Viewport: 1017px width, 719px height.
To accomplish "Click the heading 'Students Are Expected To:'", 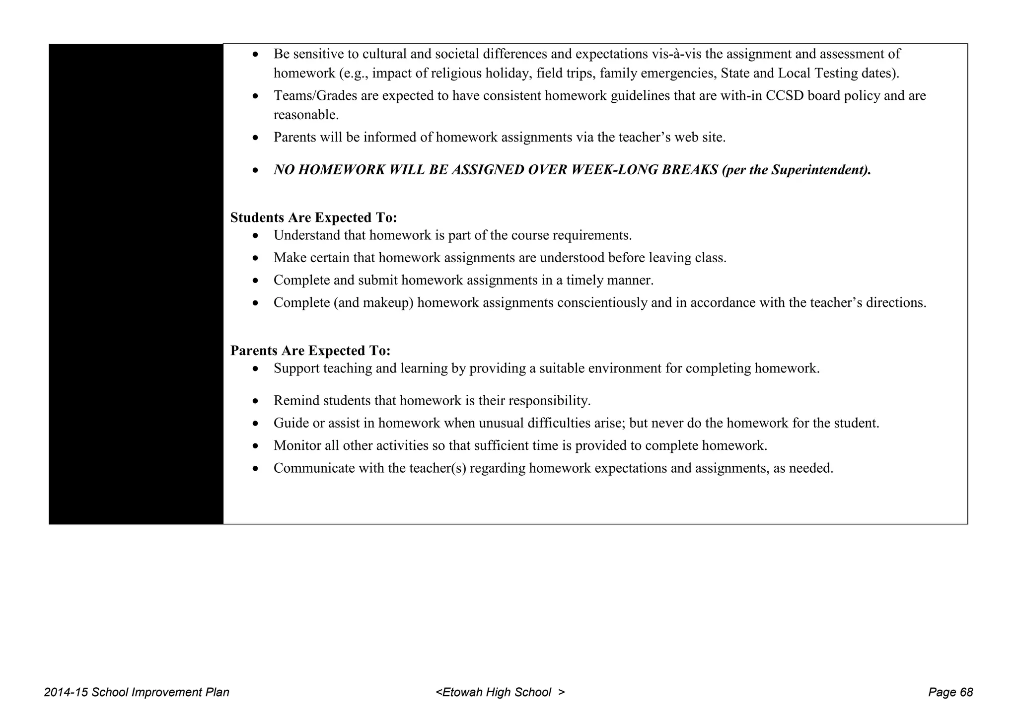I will (x=313, y=218).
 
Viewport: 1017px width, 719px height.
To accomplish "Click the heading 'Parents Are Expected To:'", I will (x=310, y=351).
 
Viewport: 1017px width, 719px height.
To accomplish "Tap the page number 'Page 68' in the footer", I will (x=950, y=693).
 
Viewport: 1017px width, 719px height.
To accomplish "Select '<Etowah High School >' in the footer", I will (x=500, y=693).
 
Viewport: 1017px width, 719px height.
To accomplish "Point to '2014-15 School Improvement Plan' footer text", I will (x=137, y=693).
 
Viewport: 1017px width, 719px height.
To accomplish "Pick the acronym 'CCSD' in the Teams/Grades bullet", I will (x=785, y=96).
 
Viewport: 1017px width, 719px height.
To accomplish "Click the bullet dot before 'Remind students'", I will (x=255, y=401).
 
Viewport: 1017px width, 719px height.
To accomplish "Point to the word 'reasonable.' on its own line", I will (x=306, y=115).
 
